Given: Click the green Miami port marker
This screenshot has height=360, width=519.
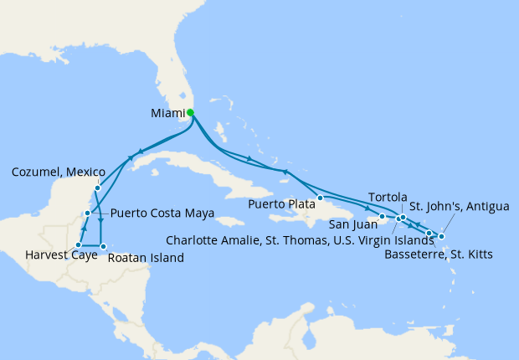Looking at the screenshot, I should click(190, 112).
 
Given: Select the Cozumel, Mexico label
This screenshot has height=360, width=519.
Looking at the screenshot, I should click(54, 172).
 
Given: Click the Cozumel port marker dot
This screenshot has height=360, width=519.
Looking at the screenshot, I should click(97, 188).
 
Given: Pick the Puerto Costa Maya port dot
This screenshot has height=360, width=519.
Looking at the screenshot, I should click(87, 214).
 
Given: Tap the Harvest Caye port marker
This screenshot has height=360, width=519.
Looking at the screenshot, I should click(79, 245).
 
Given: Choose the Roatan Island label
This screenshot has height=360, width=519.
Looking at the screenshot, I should click(145, 258).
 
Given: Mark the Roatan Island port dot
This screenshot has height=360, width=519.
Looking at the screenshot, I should click(103, 246).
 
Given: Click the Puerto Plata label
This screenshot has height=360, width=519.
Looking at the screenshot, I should click(280, 203).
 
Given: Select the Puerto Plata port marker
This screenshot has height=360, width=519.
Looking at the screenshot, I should click(320, 198).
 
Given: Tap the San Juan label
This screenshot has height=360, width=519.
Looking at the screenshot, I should click(350, 224).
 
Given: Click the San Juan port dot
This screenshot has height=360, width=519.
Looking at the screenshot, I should click(383, 218).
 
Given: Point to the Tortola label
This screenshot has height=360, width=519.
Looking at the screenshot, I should click(386, 195).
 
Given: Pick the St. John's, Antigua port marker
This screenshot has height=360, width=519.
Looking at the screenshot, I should click(441, 237).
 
